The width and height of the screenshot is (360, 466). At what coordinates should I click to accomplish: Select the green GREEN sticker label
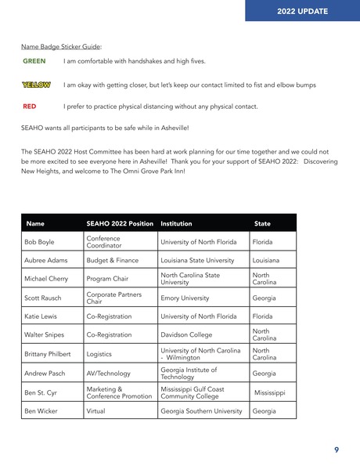pyautogui.click(x=34, y=61)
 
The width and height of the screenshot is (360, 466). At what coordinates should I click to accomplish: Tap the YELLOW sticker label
pyautogui.click(x=36, y=85)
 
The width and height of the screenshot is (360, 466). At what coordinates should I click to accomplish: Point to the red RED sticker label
pyautogui.click(x=30, y=107)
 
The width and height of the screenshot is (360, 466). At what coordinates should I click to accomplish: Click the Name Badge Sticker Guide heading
pyautogui.click(x=62, y=46)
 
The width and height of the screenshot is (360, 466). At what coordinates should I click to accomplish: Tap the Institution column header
pyautogui.click(x=176, y=223)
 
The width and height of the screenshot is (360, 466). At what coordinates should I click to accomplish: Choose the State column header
pyautogui.click(x=262, y=223)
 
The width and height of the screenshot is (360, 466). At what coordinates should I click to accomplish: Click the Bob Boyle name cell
pyautogui.click(x=41, y=241)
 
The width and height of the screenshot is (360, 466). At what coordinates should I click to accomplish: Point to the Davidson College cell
pyautogui.click(x=187, y=334)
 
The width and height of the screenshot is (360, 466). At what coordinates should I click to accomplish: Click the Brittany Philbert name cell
pyautogui.click(x=49, y=353)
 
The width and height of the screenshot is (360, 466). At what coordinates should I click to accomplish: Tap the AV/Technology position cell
pyautogui.click(x=109, y=374)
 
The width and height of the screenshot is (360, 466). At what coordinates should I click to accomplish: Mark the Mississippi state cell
pyautogui.click(x=270, y=392)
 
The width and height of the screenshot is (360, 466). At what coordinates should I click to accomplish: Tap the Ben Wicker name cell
pyautogui.click(x=42, y=410)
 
